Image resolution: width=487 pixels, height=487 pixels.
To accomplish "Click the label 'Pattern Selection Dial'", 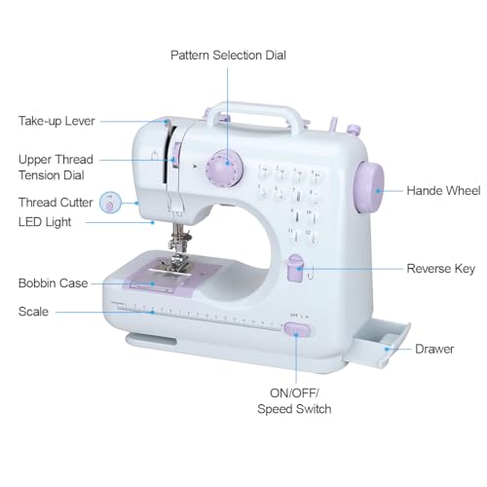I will click(228, 55).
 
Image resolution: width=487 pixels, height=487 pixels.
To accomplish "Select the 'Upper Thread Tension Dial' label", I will click(57, 167).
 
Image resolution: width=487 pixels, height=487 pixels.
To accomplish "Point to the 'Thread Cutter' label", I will click(56, 203).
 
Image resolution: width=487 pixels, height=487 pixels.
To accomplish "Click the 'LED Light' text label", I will click(44, 222).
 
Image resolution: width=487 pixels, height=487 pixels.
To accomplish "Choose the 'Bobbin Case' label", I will click(53, 283).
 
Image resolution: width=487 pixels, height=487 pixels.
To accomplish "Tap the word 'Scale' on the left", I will click(33, 312).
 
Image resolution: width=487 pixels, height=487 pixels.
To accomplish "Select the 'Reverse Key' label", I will click(440, 268).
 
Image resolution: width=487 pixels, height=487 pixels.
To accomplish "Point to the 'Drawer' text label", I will click(434, 348).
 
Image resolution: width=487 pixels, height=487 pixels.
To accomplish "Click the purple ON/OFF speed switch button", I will click(296, 331).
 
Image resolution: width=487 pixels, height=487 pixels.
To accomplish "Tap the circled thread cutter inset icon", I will click(111, 203).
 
